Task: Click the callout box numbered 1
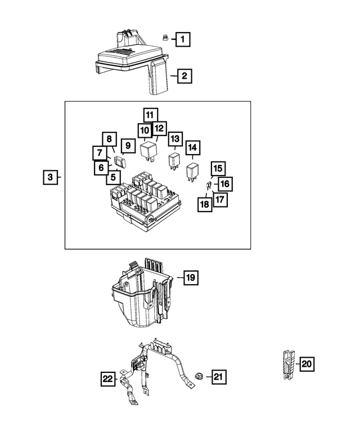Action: click(182, 39)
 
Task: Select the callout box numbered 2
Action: click(184, 76)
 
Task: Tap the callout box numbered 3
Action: click(50, 178)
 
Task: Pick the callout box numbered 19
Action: click(191, 277)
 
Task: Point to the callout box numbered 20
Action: click(306, 364)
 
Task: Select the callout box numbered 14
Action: click(193, 148)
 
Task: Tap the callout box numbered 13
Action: click(175, 138)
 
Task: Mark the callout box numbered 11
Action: click(149, 115)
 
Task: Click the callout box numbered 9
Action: click(128, 146)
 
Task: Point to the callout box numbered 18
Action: click(205, 204)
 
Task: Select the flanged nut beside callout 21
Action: click(200, 376)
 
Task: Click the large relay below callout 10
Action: click(149, 150)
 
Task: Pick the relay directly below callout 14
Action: click(193, 170)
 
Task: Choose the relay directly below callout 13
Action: click(174, 160)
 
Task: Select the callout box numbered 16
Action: click(224, 184)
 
